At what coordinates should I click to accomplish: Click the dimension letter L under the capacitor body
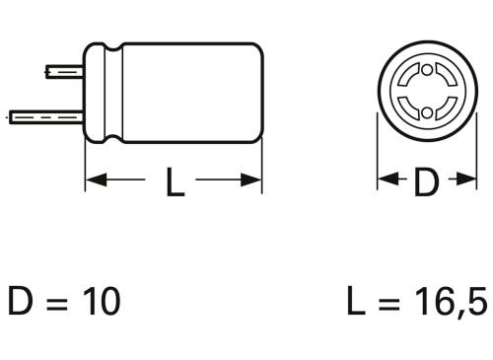point(174,182)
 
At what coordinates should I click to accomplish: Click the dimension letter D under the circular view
point(425,182)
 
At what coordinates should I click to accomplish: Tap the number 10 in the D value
point(100,301)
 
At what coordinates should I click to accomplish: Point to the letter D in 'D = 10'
point(22,301)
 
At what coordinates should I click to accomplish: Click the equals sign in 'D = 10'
point(58,301)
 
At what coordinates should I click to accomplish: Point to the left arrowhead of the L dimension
point(93,181)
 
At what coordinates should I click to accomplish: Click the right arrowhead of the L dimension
point(254,181)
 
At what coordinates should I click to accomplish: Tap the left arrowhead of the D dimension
point(387,181)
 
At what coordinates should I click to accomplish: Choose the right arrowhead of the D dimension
point(464,181)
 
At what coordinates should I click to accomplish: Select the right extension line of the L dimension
point(261,163)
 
